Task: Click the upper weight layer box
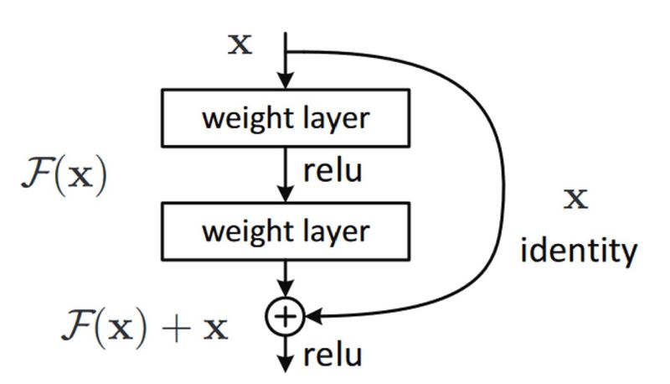coord(286,118)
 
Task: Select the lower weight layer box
coord(286,231)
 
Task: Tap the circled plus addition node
coord(286,316)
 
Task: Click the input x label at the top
coord(240,44)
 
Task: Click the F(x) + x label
coord(144,324)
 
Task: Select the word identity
coord(579,250)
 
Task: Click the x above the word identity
coord(577,199)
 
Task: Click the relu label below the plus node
coord(332,355)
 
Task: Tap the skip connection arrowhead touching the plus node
coord(311,316)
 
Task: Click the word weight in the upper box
coord(240,118)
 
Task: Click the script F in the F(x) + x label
coord(76,324)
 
